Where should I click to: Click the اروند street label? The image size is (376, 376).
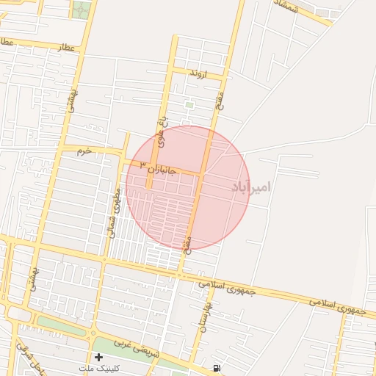pyautogui.click(x=198, y=74)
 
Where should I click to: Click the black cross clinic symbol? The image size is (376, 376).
pyautogui.click(x=98, y=357)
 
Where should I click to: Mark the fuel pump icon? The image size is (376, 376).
pyautogui.click(x=216, y=368)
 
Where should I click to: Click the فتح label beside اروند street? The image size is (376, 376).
pyautogui.click(x=220, y=104)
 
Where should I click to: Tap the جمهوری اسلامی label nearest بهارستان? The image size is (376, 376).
pyautogui.click(x=227, y=287)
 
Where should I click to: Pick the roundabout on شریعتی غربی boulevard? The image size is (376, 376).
pyautogui.click(x=93, y=333)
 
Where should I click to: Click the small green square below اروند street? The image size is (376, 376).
pyautogui.click(x=189, y=105)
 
